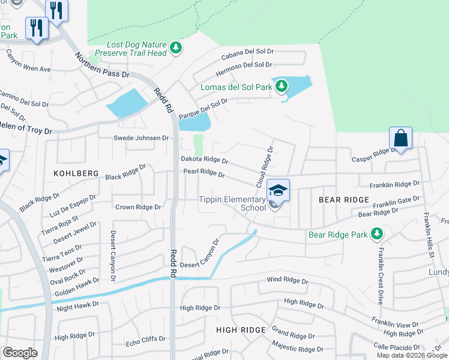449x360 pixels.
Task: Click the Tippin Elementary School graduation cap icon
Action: [278, 190]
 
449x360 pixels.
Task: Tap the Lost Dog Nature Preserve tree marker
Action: [175, 47]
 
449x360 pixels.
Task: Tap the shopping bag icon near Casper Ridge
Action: [400, 138]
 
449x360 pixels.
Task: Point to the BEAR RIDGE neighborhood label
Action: [343, 199]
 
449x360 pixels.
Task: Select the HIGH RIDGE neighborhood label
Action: [241, 330]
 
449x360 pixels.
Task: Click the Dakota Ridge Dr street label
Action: [205, 160]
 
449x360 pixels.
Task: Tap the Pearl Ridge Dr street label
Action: [204, 173]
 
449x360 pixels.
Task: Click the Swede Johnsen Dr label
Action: [142, 138]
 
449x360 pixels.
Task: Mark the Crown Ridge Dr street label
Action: [138, 207]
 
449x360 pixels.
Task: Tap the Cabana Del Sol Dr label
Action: [247, 56]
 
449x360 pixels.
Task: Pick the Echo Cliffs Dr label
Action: [145, 339]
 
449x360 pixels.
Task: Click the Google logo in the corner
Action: [20, 353]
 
